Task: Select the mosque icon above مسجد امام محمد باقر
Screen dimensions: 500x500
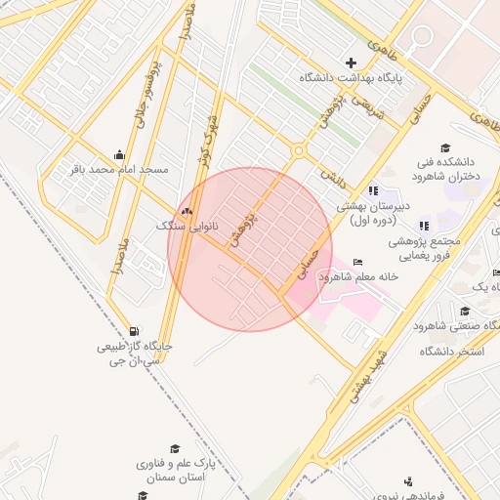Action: (x=119, y=153)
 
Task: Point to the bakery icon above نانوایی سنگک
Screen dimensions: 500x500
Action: (x=186, y=210)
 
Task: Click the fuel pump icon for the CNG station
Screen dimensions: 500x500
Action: (x=133, y=330)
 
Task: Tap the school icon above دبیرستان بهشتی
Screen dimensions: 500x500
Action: (x=373, y=190)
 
